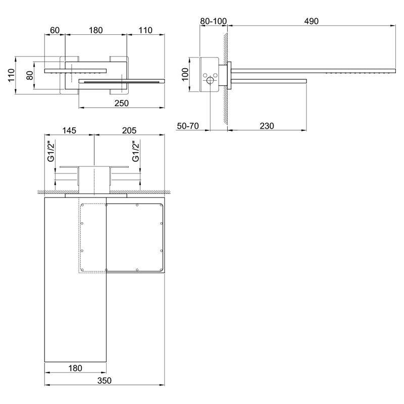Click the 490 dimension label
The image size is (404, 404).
[x=311, y=21]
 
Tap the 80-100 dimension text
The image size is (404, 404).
[x=213, y=21]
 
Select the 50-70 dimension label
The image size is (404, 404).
[x=188, y=126]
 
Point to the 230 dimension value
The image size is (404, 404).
[x=267, y=126]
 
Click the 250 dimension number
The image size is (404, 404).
[x=121, y=104]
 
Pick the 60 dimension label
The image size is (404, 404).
[x=55, y=30]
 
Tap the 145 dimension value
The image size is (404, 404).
[x=69, y=131]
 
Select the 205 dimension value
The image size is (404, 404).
[x=129, y=131]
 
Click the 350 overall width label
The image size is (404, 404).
[x=105, y=381]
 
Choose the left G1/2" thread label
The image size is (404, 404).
[x=51, y=151]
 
